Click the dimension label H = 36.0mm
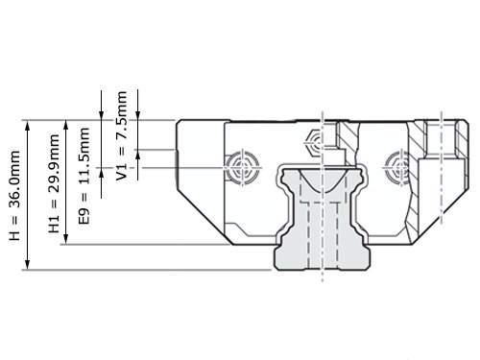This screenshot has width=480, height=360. tap(14, 196)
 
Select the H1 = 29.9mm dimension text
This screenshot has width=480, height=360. tap(54, 183)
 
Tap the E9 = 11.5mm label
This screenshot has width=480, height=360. tap(84, 176)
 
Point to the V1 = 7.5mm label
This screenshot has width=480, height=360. tap(121, 135)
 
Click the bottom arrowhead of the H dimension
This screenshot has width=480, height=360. tap(28, 264)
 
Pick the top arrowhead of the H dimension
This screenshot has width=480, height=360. tap(28, 126)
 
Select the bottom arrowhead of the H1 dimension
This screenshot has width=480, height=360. tap(66, 239)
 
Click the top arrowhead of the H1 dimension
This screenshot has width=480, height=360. tap(66, 126)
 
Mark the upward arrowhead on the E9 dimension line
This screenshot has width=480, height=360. tap(101, 173)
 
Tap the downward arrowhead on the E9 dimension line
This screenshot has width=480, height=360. tap(101, 115)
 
